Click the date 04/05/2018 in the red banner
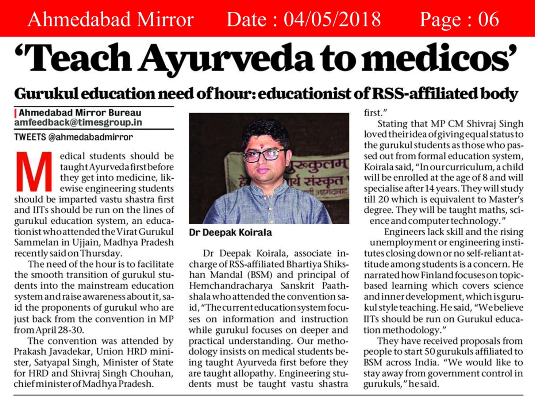coord(332,19)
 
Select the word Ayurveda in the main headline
coord(227,59)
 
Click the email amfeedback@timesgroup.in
coord(78,123)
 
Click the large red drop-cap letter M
coord(34,172)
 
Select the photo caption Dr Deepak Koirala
coord(230,233)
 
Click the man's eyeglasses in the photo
coord(263,155)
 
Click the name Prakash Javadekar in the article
coord(55,352)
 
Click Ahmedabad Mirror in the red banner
coord(110,19)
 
